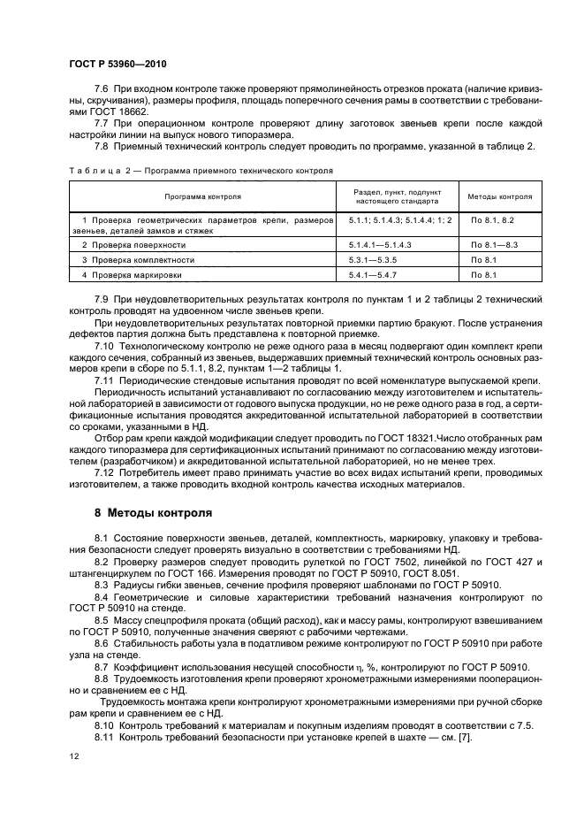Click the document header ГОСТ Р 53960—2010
pos(118,65)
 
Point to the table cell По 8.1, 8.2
pos(492,218)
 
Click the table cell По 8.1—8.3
pos(495,243)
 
